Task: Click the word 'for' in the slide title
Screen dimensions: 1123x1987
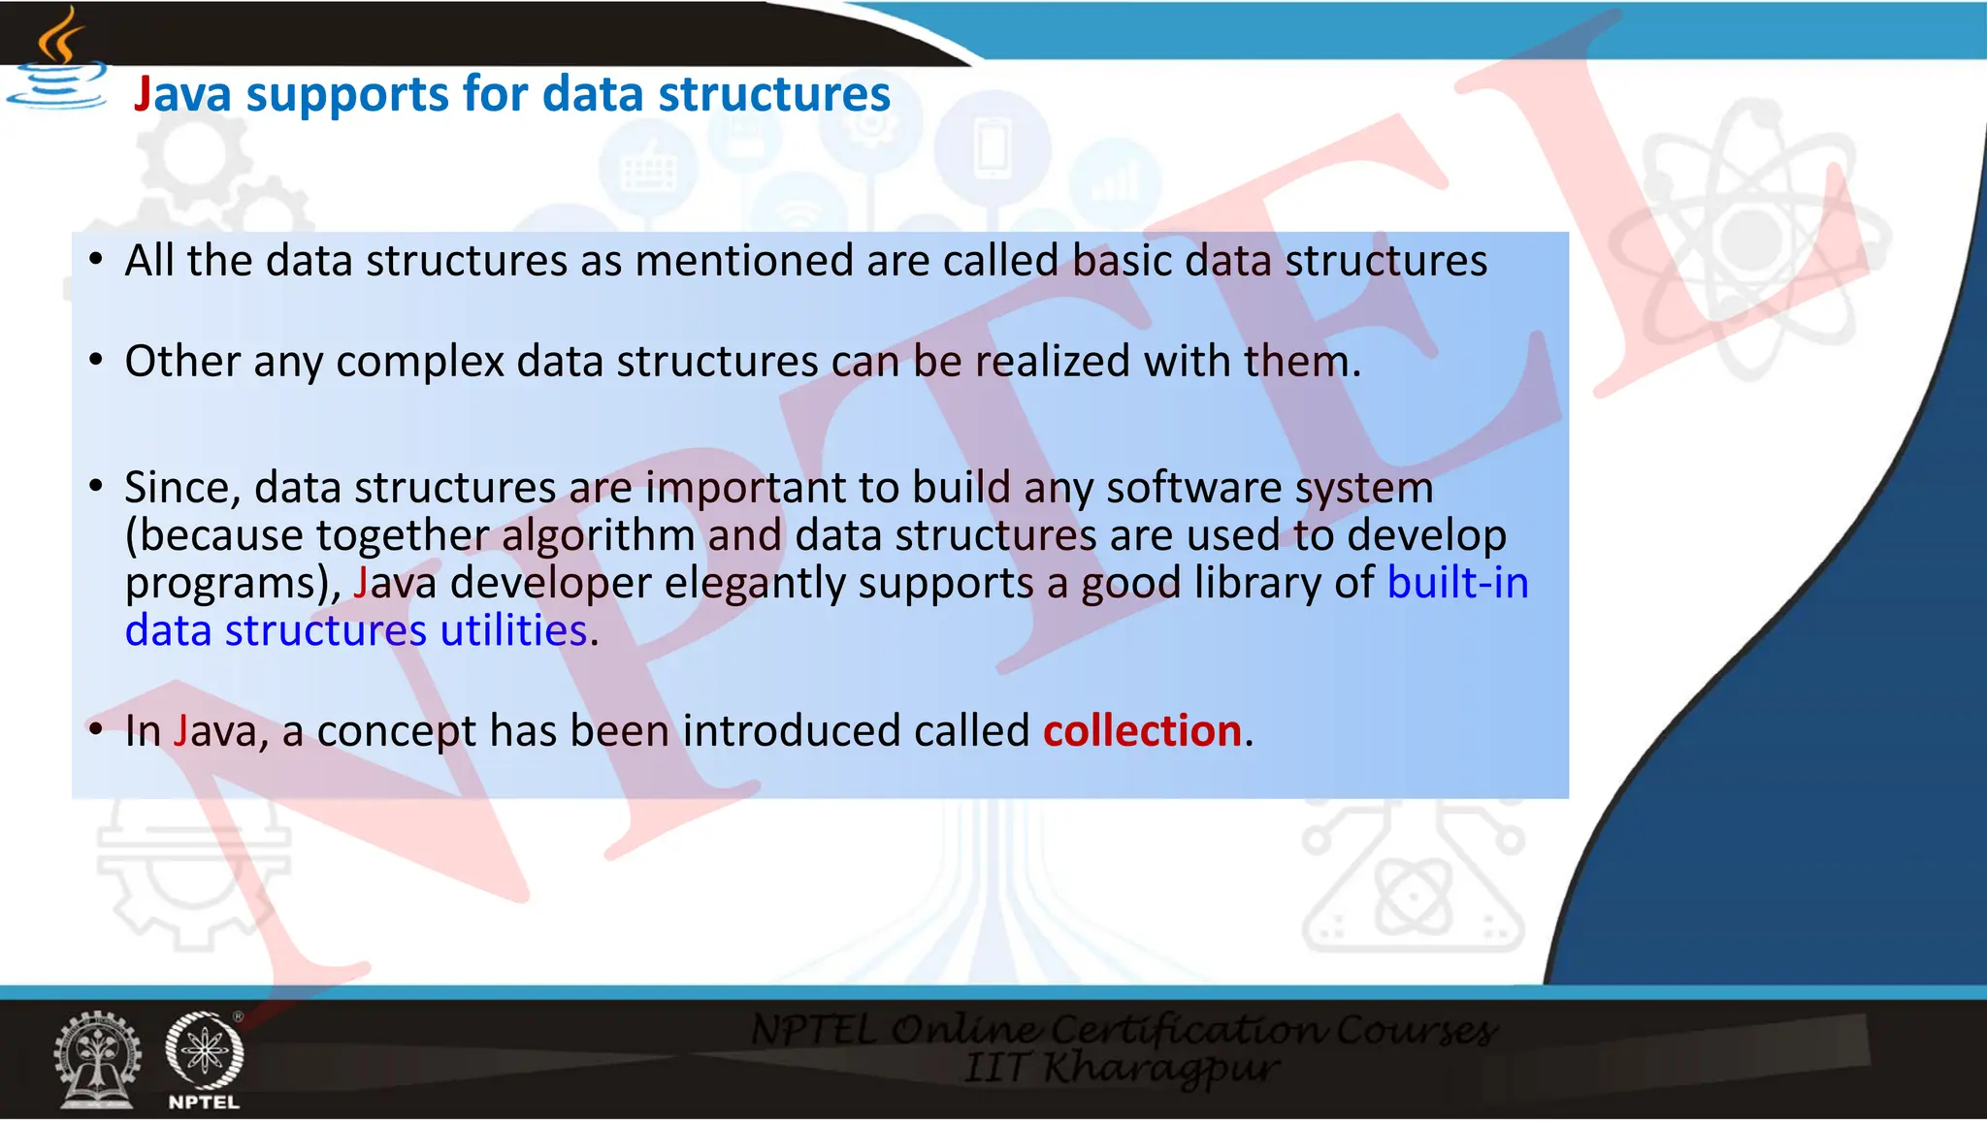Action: pyautogui.click(x=494, y=95)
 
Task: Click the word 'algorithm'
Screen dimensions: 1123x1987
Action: pyautogui.click(x=598, y=535)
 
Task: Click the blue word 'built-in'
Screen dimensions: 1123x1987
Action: pyautogui.click(x=1457, y=583)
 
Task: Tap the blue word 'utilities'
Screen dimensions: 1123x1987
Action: pyautogui.click(x=513, y=631)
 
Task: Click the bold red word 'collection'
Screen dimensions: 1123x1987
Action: pyautogui.click(x=1142, y=731)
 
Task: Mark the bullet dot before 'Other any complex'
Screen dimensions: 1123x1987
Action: pyautogui.click(x=95, y=361)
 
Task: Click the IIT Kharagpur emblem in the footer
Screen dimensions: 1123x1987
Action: pyautogui.click(x=97, y=1060)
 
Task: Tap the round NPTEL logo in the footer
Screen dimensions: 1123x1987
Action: pyautogui.click(x=204, y=1052)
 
